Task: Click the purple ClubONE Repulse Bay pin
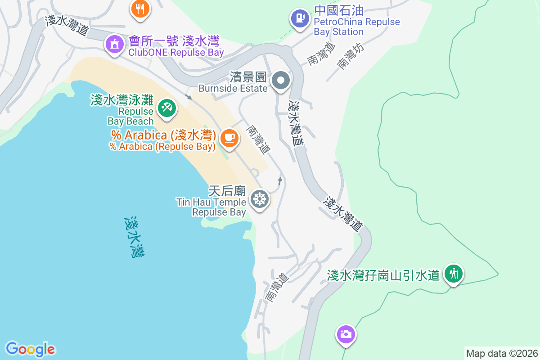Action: (114, 45)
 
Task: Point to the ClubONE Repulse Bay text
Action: (176, 53)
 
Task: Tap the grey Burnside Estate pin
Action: (281, 81)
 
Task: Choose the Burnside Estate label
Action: (233, 88)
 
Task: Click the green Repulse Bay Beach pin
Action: (167, 108)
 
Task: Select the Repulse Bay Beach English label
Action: (131, 116)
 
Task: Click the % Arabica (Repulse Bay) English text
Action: (162, 147)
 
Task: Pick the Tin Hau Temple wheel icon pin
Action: (260, 199)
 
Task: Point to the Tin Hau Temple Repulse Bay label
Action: (211, 207)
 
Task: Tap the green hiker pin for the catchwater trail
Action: (454, 274)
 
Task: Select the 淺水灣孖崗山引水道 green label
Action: (383, 275)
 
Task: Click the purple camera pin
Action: (346, 334)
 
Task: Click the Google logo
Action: (30, 349)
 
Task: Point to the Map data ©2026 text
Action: (501, 353)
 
